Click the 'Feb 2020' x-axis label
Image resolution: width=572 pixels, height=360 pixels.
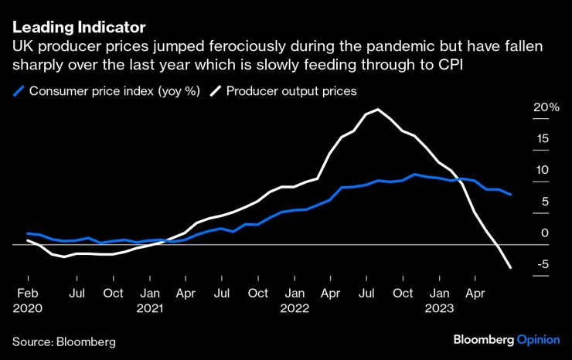coord(28,300)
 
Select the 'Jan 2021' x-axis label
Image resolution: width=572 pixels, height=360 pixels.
coord(150,300)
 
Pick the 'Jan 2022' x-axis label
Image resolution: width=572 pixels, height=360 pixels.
coord(295,300)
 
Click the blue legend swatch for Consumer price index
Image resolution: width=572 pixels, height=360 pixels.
coord(18,91)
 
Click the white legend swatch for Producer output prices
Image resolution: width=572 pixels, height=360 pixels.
coord(214,91)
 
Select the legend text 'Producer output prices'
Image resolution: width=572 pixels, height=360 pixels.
coord(291,91)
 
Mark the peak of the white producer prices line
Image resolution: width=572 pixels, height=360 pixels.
coord(376,110)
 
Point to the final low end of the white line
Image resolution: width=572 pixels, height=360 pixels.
coord(510,268)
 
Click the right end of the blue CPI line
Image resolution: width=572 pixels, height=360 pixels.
coord(510,195)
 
